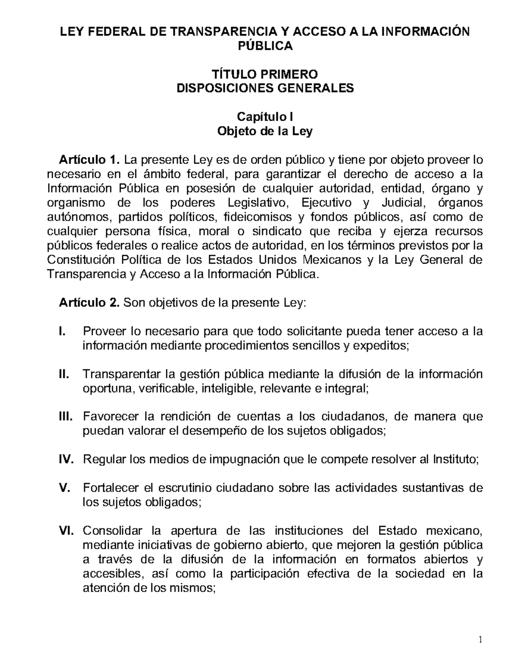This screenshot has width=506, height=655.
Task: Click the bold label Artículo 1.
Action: (x=87, y=160)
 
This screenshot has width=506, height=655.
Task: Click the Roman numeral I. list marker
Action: (x=62, y=331)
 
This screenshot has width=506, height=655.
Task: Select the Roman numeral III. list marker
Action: (x=65, y=417)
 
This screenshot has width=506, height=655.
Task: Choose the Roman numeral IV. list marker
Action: (x=66, y=459)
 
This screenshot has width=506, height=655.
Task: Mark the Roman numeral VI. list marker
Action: (x=66, y=531)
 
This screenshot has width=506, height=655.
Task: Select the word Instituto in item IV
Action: (x=456, y=459)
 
